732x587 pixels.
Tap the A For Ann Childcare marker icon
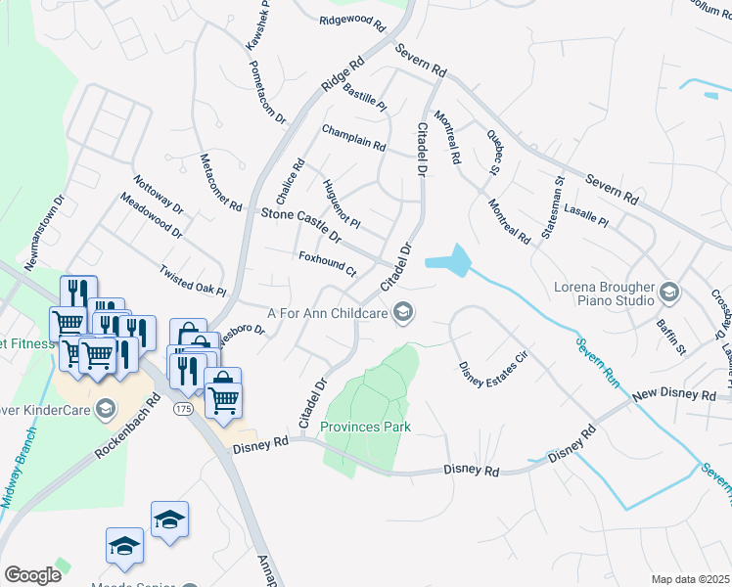pyautogui.click(x=402, y=313)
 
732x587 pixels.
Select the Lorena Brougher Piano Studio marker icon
pyautogui.click(x=669, y=292)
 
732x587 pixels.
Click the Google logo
pyautogui.click(x=32, y=575)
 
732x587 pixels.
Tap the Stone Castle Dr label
pyautogui.click(x=300, y=225)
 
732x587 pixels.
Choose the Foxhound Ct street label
pyautogui.click(x=327, y=263)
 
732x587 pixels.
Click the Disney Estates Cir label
pyautogui.click(x=493, y=360)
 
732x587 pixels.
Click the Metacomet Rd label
pyautogui.click(x=219, y=182)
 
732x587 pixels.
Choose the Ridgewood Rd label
pyautogui.click(x=346, y=20)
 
